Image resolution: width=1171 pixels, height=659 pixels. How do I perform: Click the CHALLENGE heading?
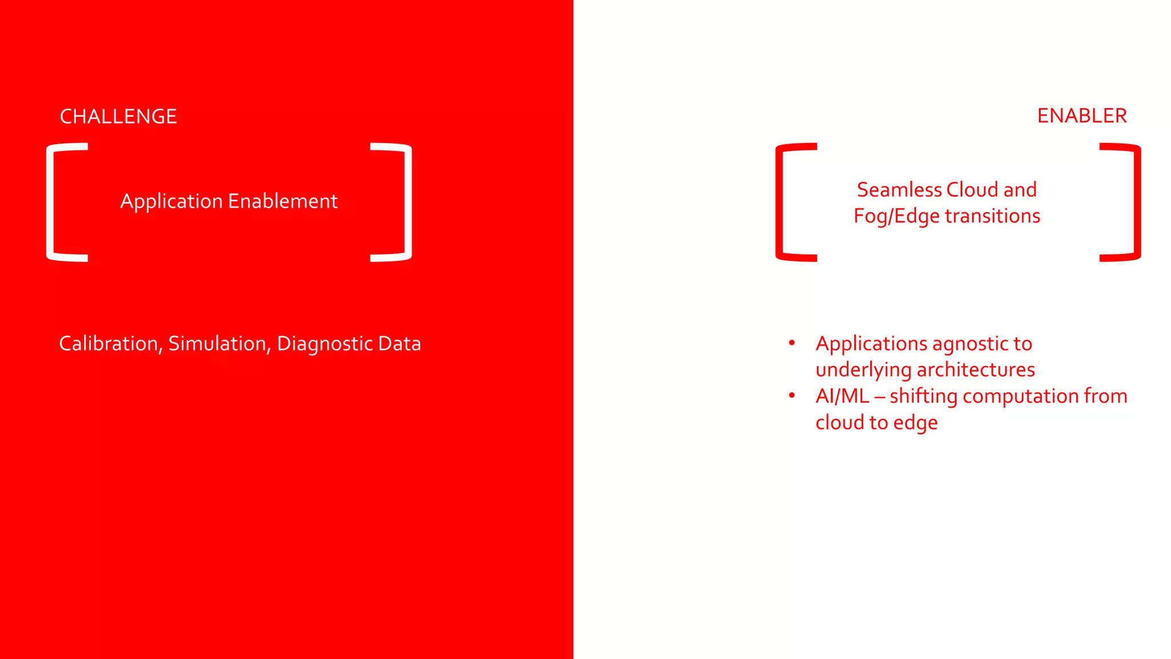point(118,117)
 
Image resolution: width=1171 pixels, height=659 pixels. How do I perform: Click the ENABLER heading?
point(1082,116)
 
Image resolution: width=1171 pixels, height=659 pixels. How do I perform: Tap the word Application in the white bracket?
point(171,202)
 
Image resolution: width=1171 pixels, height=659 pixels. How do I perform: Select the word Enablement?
point(283,201)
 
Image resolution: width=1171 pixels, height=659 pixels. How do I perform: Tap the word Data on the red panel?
point(400,344)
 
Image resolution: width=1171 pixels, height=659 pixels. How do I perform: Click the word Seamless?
point(899,190)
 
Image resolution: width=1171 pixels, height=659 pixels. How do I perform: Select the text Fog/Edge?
point(896,217)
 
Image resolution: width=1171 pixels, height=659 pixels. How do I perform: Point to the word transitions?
point(993,216)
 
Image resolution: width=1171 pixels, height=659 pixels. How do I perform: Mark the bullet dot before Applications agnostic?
point(792,343)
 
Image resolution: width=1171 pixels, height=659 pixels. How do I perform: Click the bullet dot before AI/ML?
point(792,396)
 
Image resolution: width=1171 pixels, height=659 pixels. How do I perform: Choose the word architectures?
point(976,370)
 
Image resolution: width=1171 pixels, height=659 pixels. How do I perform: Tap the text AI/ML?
point(842,396)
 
